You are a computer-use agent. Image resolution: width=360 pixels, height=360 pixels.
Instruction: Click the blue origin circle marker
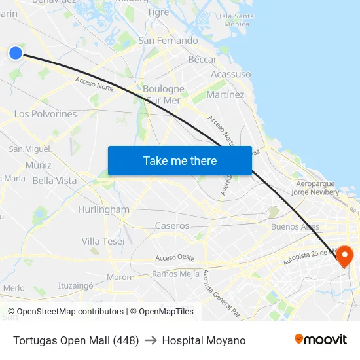(16, 53)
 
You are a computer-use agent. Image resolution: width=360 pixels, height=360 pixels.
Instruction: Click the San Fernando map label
(168, 41)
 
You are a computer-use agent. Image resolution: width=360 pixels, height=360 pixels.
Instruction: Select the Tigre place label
(158, 12)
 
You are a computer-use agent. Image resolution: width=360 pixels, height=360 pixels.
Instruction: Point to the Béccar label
(202, 60)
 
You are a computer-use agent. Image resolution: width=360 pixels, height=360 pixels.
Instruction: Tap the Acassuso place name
(230, 74)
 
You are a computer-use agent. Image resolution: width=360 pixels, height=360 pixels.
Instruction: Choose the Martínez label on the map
(225, 95)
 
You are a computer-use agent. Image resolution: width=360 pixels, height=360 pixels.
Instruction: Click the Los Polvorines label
(45, 114)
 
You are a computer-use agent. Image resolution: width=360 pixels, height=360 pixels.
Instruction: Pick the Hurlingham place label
(103, 209)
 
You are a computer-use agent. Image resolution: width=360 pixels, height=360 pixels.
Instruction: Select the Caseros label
(172, 226)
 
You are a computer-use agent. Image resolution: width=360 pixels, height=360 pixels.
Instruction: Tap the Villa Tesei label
(103, 241)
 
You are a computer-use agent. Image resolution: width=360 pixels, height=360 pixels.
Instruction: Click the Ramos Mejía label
(175, 274)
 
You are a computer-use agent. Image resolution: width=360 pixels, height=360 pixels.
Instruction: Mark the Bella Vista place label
(54, 181)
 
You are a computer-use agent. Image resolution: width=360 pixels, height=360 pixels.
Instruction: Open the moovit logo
(321, 339)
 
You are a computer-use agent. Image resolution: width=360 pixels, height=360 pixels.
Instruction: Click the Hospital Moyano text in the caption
(204, 340)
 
